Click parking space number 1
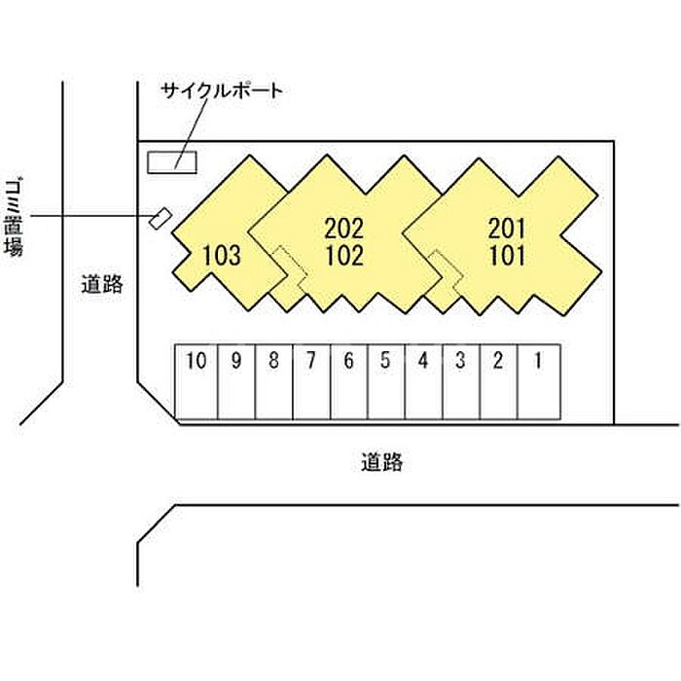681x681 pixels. [535, 381]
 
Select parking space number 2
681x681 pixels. [498, 381]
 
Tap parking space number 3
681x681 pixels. [460, 381]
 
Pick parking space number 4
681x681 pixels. [423, 381]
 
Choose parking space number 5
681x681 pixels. [385, 381]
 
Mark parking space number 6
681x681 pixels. [348, 381]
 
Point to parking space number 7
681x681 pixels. [310, 381]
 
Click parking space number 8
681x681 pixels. [273, 381]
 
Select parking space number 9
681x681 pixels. [236, 381]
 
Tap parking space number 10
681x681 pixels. [197, 381]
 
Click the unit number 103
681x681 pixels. [222, 257]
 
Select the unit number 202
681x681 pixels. [344, 230]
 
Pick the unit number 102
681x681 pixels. [344, 257]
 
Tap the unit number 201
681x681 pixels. [507, 230]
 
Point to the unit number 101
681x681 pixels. [507, 257]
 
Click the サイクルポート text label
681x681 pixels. [223, 91]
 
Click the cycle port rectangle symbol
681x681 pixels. [171, 161]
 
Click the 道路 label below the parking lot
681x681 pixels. [380, 463]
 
